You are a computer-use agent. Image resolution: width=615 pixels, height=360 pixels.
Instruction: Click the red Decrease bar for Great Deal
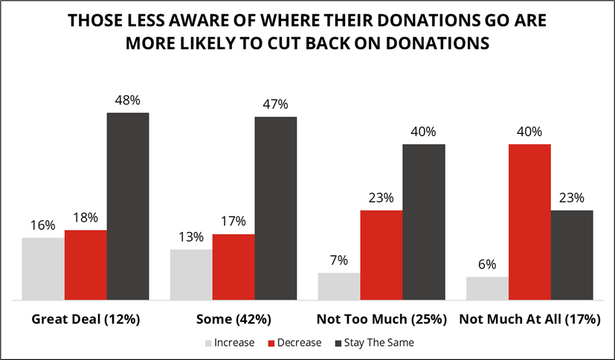86,265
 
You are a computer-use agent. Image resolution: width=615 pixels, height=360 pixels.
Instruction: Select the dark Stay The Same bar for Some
275,208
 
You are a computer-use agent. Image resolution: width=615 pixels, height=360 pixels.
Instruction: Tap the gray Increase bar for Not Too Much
339,286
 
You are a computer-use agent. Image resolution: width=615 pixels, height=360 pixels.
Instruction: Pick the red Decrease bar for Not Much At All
529,222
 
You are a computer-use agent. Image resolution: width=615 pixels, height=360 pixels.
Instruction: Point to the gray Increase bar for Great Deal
43,269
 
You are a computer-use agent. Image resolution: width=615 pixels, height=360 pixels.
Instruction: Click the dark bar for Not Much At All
572,255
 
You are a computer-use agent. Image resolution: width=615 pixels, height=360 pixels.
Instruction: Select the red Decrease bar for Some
234,267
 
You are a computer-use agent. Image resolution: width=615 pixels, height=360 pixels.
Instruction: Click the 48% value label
128,99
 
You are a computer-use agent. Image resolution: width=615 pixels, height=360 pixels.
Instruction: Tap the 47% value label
276,103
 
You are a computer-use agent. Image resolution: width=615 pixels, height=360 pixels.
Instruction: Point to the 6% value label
487,263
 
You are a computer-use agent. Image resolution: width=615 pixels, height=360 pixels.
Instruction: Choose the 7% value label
339,260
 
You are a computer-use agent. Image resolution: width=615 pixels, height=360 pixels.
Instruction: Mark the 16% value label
43,224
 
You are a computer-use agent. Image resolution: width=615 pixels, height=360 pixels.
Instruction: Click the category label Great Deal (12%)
86,320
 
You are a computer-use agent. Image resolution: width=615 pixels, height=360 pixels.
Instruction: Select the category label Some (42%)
234,320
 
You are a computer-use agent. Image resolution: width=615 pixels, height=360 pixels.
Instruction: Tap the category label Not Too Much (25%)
381,320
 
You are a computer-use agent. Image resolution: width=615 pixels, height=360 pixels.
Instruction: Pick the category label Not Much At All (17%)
529,320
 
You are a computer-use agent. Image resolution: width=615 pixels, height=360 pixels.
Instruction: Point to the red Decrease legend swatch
273,343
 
